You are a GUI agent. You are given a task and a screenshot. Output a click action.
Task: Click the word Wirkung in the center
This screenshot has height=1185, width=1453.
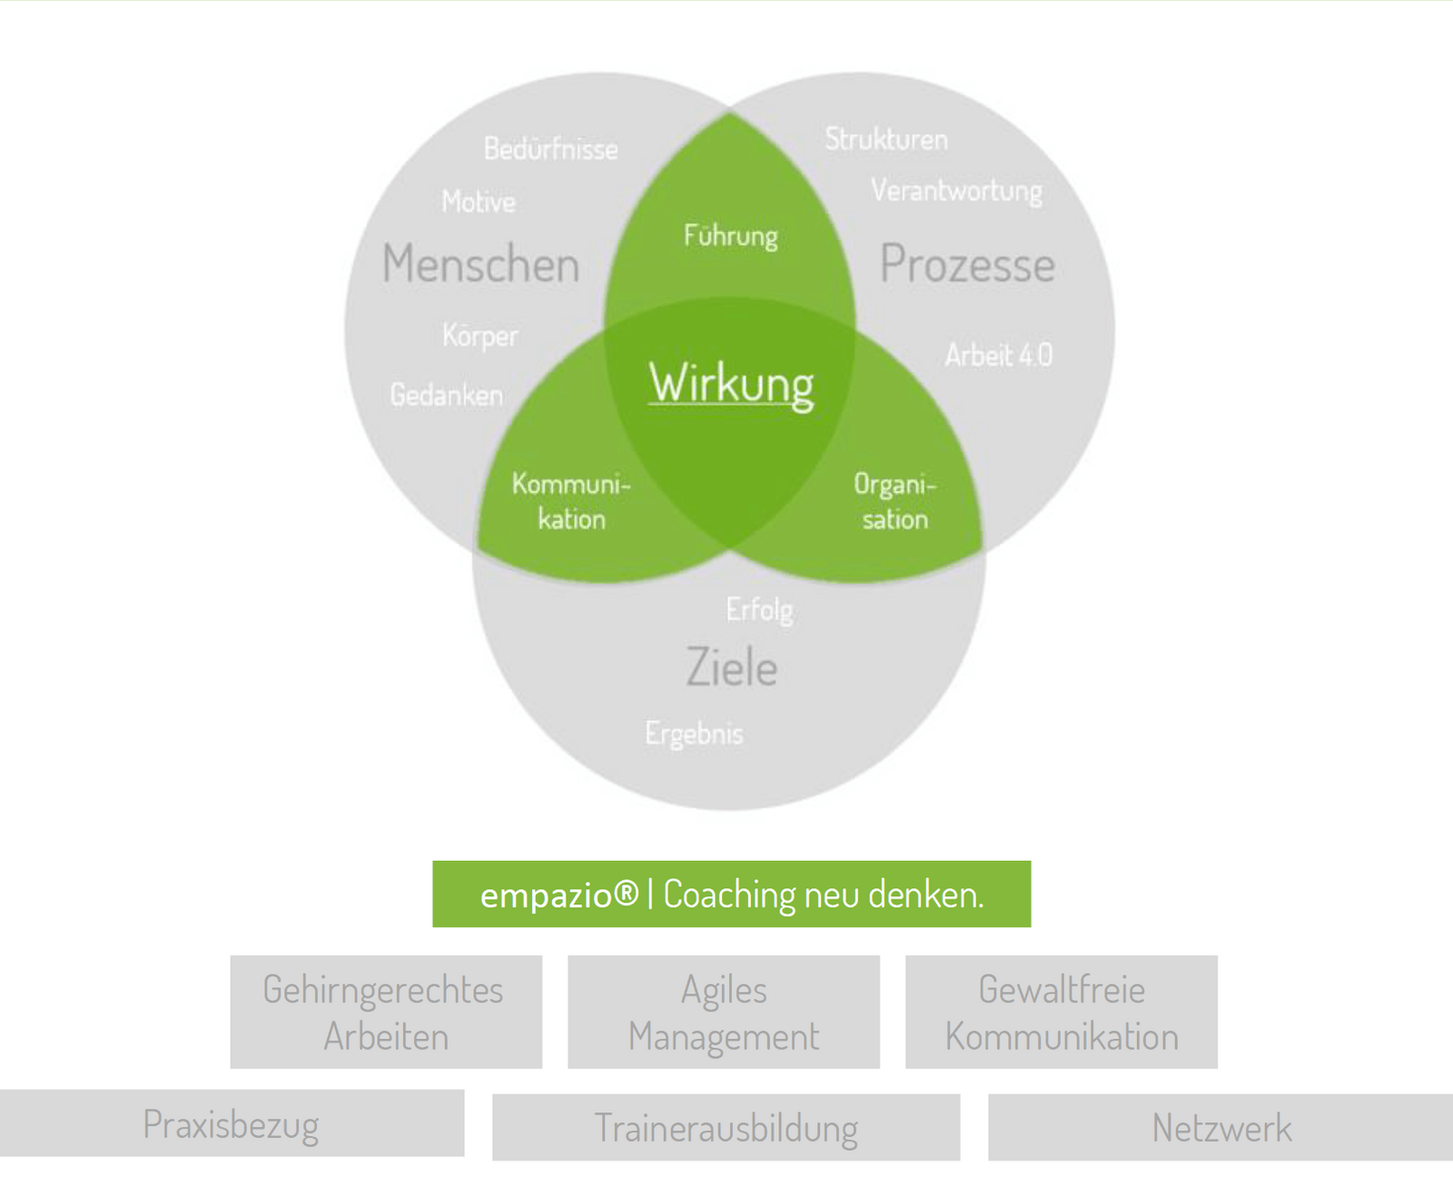click(731, 383)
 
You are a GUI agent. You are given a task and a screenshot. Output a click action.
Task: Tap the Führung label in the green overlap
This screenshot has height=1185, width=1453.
click(731, 236)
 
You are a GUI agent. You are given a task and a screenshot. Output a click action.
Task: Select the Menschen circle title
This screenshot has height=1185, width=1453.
click(480, 264)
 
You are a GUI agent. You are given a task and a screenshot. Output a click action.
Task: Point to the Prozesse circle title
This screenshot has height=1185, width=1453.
click(967, 264)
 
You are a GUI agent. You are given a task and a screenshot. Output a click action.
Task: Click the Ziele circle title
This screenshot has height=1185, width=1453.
click(731, 667)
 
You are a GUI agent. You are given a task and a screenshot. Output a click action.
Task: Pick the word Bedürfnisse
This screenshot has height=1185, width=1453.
click(550, 149)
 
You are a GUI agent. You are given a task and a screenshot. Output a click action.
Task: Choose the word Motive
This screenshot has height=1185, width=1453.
click(479, 202)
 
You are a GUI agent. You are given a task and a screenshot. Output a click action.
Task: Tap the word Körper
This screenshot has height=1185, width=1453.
click(479, 336)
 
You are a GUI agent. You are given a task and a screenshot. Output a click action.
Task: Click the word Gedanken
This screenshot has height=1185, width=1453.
click(446, 395)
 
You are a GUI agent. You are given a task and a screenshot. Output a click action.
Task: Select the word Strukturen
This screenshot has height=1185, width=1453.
click(886, 139)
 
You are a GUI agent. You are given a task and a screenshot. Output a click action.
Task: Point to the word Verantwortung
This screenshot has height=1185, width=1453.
click(956, 191)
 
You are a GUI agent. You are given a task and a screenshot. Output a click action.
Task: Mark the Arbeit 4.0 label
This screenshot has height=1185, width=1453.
click(999, 355)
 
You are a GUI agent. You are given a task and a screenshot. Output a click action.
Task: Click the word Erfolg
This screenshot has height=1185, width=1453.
click(759, 610)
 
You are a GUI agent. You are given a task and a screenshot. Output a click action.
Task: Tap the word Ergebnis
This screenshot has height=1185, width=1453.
click(694, 734)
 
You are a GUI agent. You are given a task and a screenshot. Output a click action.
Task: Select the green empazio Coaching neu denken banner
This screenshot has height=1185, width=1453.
click(731, 894)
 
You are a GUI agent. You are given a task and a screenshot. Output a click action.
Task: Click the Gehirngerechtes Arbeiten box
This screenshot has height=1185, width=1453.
click(386, 1012)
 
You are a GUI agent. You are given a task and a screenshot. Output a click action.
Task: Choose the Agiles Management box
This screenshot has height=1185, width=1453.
click(724, 1012)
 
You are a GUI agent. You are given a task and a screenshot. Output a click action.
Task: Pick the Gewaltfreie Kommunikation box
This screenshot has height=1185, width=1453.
click(1062, 1012)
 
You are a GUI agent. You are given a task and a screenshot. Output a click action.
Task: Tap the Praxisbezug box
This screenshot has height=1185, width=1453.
click(232, 1124)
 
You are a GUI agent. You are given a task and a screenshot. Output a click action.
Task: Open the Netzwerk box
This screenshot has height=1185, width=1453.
click(1221, 1128)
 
